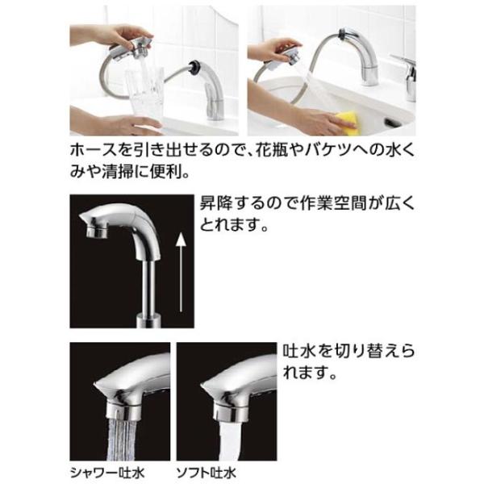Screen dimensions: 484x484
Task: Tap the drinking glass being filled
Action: [x=144, y=94]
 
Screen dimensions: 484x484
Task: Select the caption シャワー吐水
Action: [x=107, y=474]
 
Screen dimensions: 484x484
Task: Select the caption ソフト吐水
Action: [x=207, y=474]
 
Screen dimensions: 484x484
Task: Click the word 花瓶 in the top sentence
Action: [x=272, y=150]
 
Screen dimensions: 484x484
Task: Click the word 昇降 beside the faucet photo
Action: [x=215, y=203]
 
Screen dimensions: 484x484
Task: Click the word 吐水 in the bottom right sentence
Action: [x=298, y=352]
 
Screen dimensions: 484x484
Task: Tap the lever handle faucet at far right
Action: [x=407, y=77]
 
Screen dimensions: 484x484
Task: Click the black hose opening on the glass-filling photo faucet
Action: [x=195, y=67]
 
